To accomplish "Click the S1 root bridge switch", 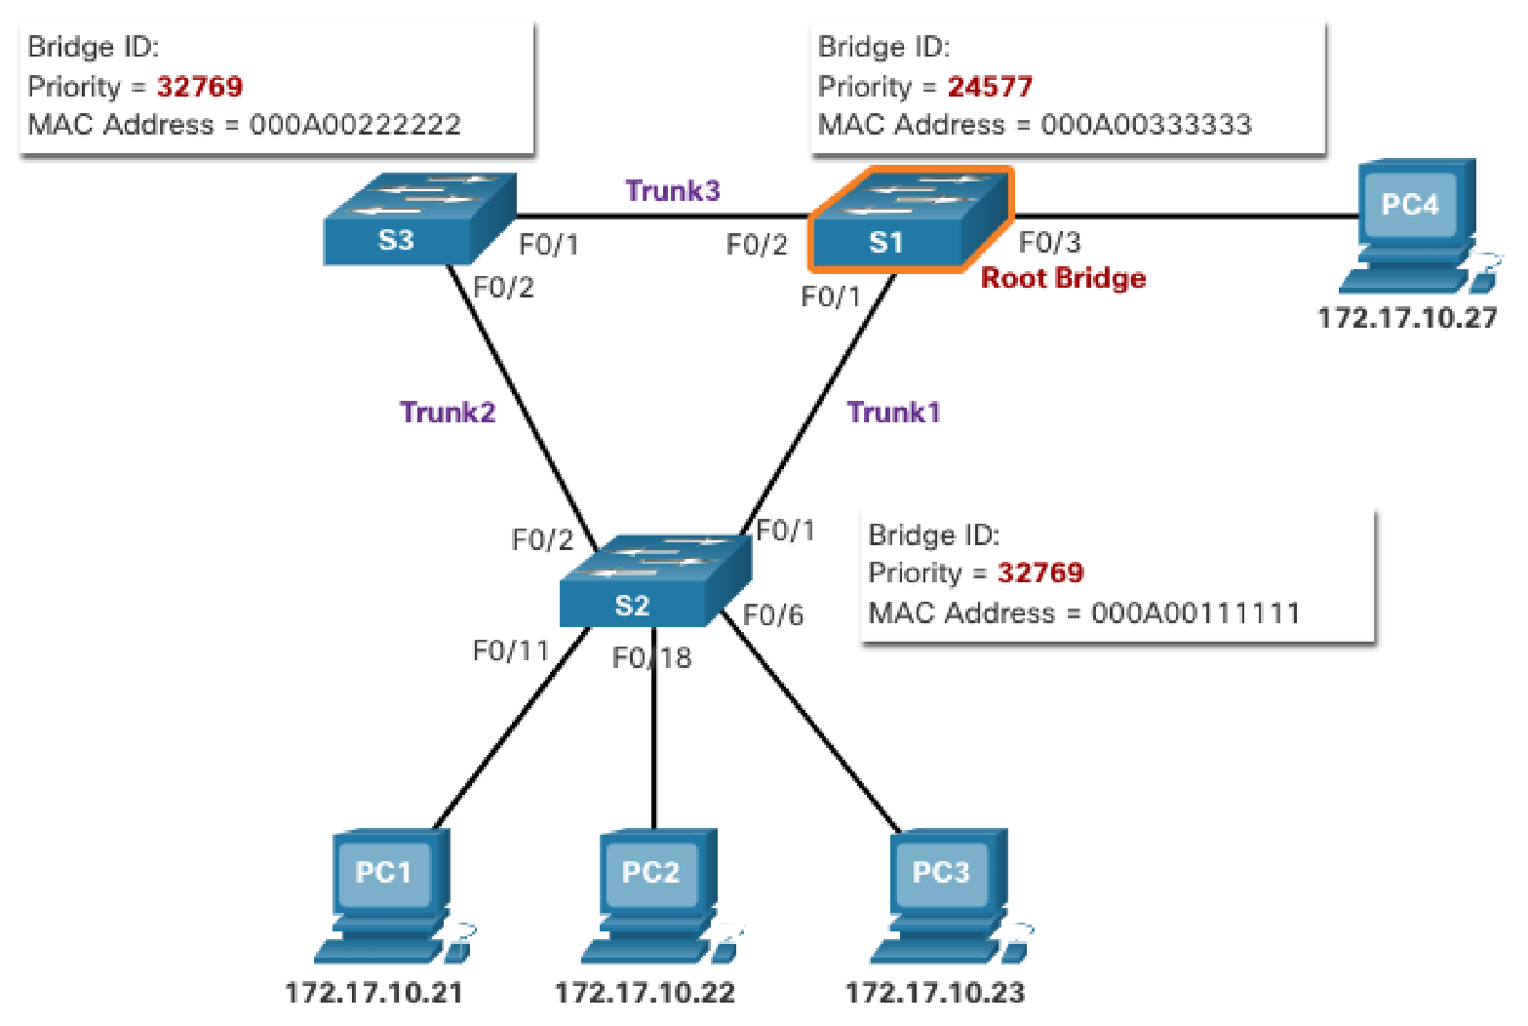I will [910, 220].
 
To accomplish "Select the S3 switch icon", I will [419, 220].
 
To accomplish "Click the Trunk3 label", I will [673, 190].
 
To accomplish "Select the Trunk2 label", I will [448, 413].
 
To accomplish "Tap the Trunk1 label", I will [893, 413].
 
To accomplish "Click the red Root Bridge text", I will [1063, 279].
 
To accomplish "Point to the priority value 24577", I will [990, 87].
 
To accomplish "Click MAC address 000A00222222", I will [355, 125].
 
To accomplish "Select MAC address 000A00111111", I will [1195, 613].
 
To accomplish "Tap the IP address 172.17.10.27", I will [1407, 318].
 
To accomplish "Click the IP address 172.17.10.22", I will [645, 993].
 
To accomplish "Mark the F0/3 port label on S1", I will [1049, 243].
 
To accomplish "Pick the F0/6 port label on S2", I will [773, 615].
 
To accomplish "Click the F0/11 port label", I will [511, 651].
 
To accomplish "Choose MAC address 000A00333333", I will [1146, 125].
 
